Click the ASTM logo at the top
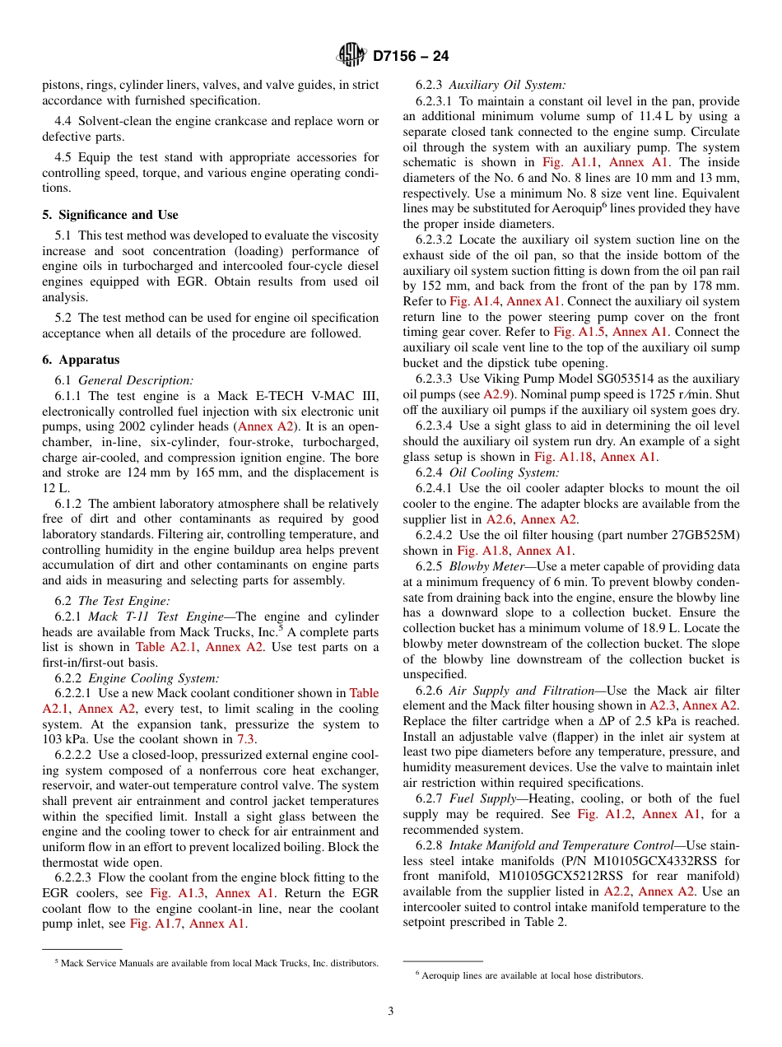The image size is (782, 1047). tap(351, 56)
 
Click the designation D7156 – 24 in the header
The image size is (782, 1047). tap(411, 57)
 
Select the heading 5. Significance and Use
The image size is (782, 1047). tap(110, 215)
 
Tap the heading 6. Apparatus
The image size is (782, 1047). tap(81, 360)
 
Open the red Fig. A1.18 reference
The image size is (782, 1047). tap(563, 457)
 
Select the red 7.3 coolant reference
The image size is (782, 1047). tap(246, 738)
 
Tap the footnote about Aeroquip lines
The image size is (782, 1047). tap(529, 975)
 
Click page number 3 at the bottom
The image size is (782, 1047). tap(390, 1011)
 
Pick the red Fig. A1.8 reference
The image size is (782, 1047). tap(484, 551)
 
